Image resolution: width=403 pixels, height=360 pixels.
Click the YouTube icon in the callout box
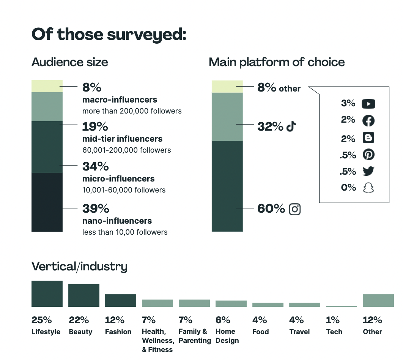[368, 104]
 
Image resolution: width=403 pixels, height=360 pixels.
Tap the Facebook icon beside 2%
[368, 121]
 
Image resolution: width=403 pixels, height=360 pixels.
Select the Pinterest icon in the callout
[368, 155]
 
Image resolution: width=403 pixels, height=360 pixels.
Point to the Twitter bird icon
[368, 171]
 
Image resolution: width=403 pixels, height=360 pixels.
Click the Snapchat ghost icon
[368, 188]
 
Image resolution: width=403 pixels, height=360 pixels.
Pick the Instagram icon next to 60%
[294, 209]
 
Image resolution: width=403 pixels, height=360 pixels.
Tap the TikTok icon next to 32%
[291, 126]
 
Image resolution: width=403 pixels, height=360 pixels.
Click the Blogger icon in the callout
[368, 137]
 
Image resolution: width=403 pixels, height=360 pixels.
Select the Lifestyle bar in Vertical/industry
[47, 294]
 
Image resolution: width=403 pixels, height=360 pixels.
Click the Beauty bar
[84, 295]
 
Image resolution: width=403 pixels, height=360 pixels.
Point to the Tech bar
[342, 306]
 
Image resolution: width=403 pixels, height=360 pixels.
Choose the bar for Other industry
[378, 300]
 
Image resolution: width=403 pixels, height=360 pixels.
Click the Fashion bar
[121, 300]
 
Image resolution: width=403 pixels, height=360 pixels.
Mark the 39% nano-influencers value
[96, 208]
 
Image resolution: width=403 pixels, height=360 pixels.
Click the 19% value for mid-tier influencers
[95, 126]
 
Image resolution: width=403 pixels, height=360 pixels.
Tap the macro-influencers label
[120, 100]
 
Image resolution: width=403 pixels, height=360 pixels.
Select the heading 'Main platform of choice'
[277, 62]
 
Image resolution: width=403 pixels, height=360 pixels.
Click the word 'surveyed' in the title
[146, 35]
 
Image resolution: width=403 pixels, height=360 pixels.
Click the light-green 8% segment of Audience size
[47, 86]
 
